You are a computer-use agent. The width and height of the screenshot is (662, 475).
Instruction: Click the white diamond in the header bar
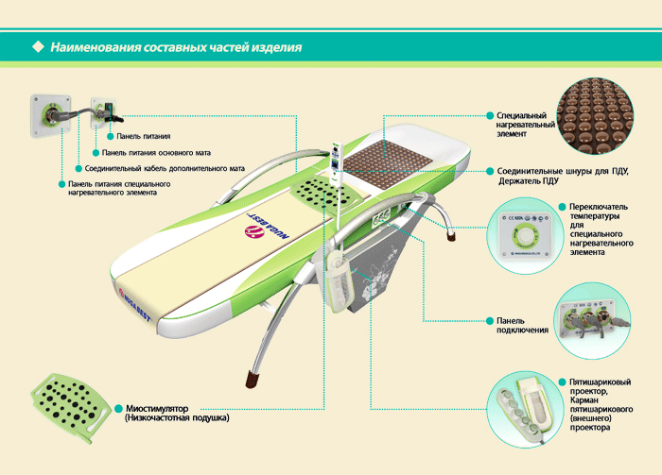[x=39, y=46]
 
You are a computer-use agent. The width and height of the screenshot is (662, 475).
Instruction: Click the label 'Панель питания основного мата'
[x=156, y=153]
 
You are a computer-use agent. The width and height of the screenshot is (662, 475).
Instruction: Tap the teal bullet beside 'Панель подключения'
[x=490, y=321]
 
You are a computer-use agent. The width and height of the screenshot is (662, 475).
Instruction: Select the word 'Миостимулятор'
[x=157, y=408]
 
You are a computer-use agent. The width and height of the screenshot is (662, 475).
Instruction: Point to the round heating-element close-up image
[x=595, y=115]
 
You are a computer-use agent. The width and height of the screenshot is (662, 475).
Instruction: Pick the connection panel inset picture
[x=592, y=320]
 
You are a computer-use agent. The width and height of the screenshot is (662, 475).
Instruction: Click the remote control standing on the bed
[x=336, y=163]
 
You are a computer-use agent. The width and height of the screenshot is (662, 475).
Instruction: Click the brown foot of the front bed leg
[x=253, y=379]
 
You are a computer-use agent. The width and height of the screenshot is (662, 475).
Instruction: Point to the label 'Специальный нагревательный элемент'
[x=525, y=125]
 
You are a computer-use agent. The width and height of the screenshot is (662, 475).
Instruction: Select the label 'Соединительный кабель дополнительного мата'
[x=165, y=169]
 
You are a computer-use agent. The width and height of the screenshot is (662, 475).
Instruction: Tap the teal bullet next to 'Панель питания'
[x=111, y=136]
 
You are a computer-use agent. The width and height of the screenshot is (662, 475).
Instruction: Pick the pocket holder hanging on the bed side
[x=339, y=282]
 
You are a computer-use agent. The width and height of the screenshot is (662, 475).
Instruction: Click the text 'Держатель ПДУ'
[x=528, y=181]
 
